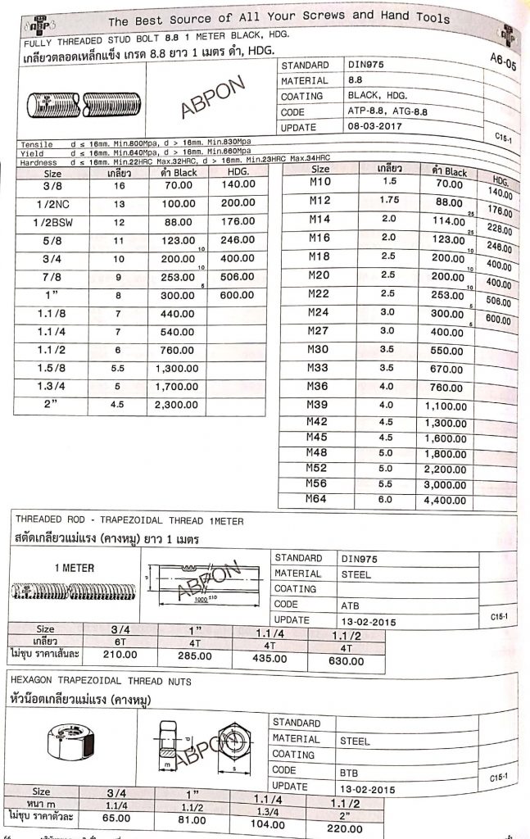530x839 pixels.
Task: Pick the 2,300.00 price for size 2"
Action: (177, 404)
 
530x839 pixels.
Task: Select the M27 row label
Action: (319, 331)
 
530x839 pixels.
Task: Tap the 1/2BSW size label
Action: (53, 221)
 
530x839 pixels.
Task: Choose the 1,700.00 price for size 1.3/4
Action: (177, 386)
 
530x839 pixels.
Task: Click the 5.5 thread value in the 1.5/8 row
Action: (117, 368)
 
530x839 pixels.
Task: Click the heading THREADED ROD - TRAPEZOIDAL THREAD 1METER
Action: (129, 521)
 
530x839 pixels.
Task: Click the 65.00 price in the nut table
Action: (116, 818)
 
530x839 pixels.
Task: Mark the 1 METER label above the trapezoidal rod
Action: (74, 568)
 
